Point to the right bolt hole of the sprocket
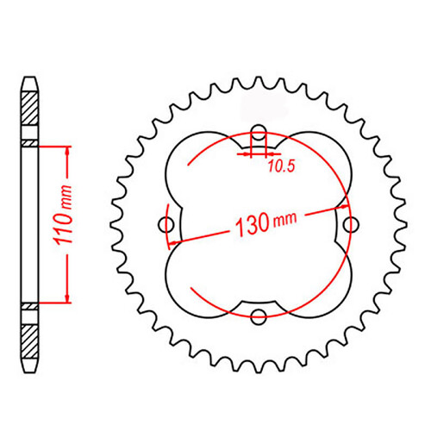coord(350,224)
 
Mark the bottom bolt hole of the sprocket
coord(258,316)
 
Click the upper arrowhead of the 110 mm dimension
coord(66,148)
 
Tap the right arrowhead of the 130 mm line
coord(343,208)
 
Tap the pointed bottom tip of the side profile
coord(29,369)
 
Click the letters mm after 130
coord(284,221)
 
